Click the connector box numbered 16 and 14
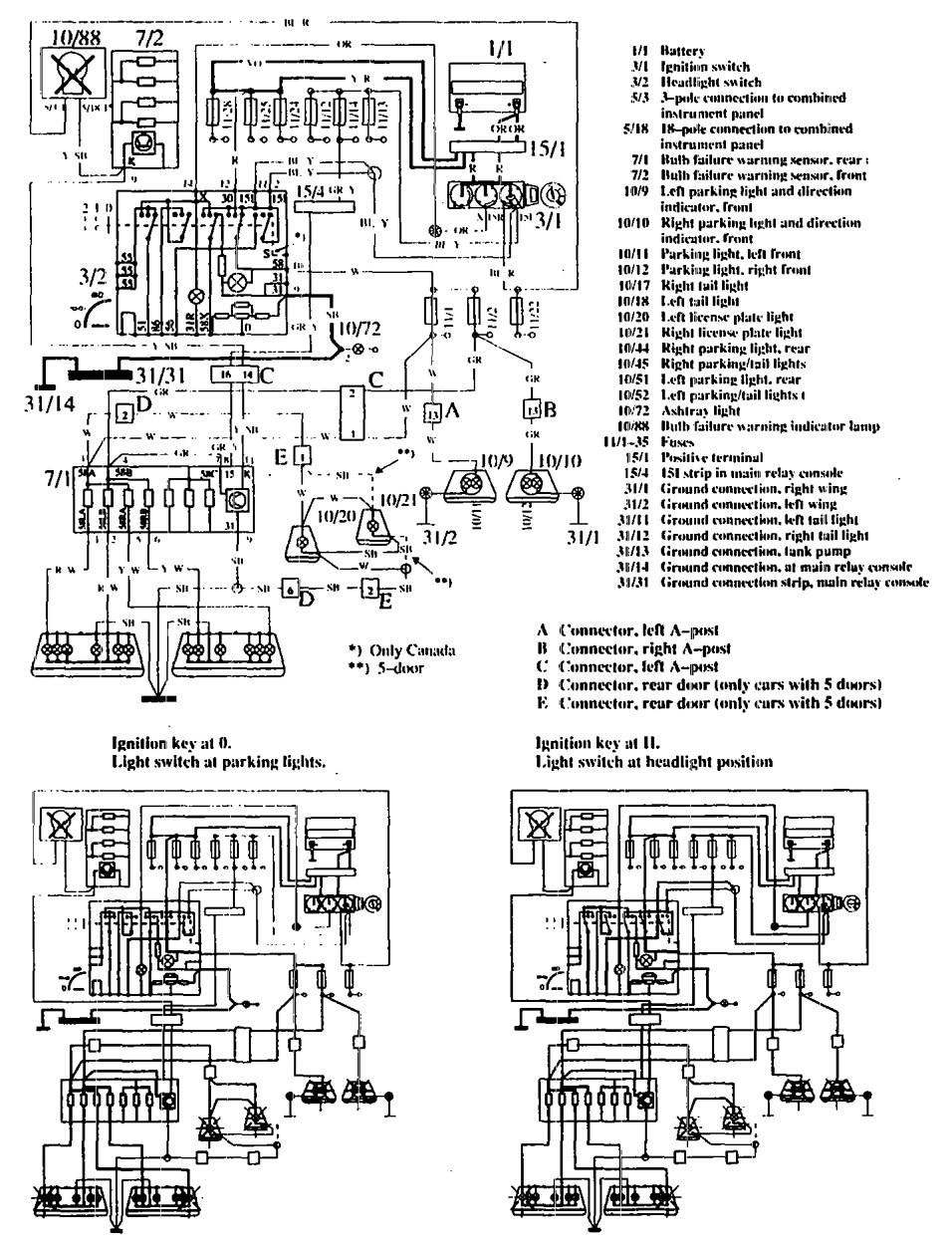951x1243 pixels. (x=233, y=375)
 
